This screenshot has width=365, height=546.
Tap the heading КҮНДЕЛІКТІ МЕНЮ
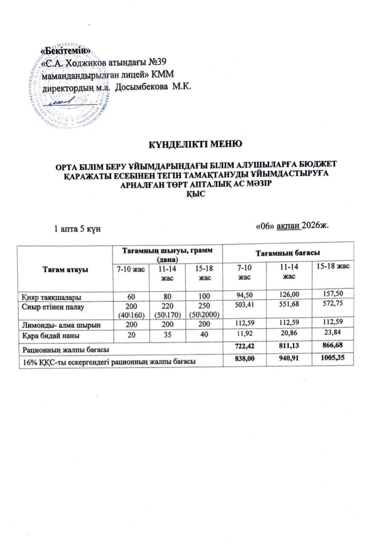pos(195,143)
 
